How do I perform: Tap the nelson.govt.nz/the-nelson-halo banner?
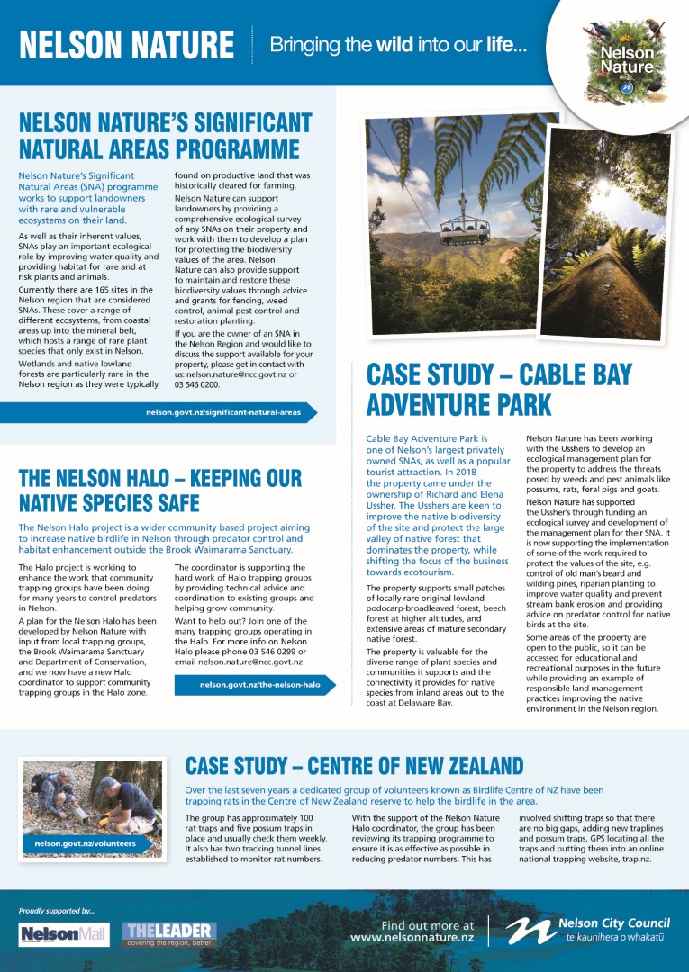pos(259,685)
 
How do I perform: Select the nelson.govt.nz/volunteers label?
pos(86,843)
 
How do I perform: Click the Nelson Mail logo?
pos(64,934)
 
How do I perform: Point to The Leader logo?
pos(170,933)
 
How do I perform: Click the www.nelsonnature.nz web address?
pos(412,937)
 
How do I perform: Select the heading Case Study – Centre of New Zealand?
pos(354,766)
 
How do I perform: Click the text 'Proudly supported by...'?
pos(56,911)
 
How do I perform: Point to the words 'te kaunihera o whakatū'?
pos(617,938)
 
